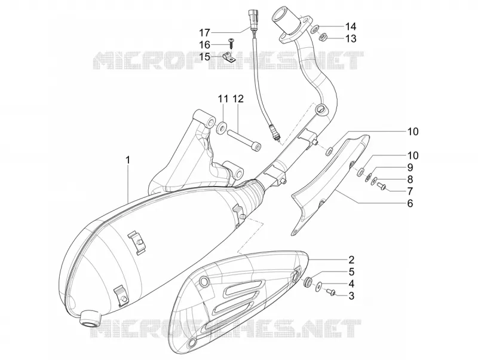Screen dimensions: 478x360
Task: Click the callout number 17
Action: tap(205, 32)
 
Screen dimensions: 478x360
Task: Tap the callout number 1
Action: tap(128, 160)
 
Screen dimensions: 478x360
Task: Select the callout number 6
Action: tap(410, 203)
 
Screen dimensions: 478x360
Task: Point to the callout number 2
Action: tap(351, 260)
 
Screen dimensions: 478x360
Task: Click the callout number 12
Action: tap(238, 99)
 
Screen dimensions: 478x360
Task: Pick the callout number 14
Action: tap(351, 26)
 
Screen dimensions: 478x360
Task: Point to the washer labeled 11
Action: tap(222, 127)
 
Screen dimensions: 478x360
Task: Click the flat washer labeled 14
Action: tap(315, 29)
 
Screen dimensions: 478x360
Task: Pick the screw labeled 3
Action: tap(330, 292)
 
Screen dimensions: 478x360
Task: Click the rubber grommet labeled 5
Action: tap(307, 281)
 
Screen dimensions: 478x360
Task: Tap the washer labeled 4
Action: tap(318, 286)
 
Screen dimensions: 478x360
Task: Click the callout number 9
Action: tap(410, 167)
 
